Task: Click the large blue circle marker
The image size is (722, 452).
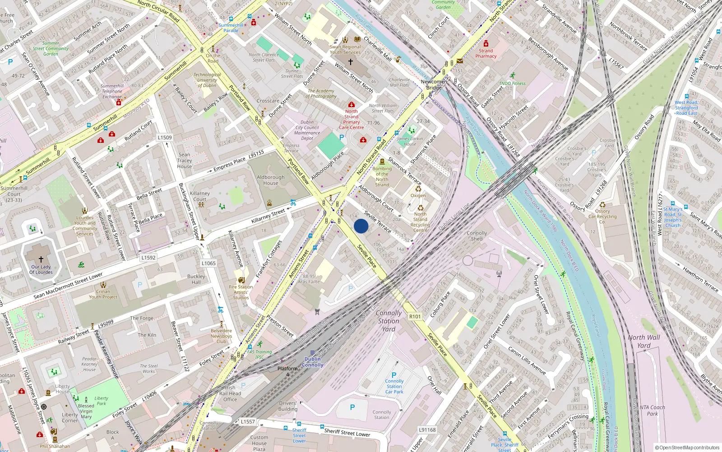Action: pos(361,226)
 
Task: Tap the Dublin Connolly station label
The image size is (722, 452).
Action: pos(312,362)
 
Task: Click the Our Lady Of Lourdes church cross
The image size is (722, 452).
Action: pos(41,259)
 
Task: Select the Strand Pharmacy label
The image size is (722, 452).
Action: pos(486,53)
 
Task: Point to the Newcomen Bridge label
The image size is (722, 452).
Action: pos(434,85)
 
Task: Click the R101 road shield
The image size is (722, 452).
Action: pos(415,316)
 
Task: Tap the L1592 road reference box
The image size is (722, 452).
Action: pos(148,258)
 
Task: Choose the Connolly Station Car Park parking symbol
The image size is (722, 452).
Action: pos(394,375)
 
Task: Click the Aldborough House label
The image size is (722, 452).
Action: pos(271,180)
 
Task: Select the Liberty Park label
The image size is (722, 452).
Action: pos(101,401)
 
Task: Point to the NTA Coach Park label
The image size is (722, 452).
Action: pos(652,410)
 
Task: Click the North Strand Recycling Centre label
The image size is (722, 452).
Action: pos(420,222)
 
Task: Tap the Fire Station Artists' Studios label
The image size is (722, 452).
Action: pos(241,292)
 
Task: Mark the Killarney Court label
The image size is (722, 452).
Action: pos(200,196)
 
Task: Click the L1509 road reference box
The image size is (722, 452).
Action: pos(165,137)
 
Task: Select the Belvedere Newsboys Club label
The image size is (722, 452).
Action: pos(221,336)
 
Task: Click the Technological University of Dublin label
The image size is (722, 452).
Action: pos(207,80)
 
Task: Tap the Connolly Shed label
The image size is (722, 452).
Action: pos(477,236)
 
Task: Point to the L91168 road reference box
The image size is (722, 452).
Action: pos(427,430)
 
